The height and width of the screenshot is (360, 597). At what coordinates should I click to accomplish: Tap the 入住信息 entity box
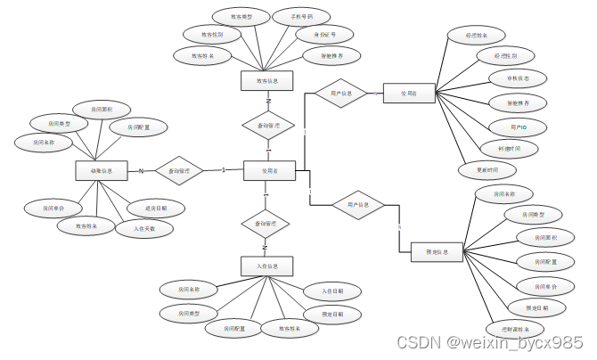266,266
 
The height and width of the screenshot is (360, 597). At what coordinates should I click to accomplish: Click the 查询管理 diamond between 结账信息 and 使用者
179,169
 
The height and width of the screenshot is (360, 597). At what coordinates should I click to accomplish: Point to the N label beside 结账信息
140,171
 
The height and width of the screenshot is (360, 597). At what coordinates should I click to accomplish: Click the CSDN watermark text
490,343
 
